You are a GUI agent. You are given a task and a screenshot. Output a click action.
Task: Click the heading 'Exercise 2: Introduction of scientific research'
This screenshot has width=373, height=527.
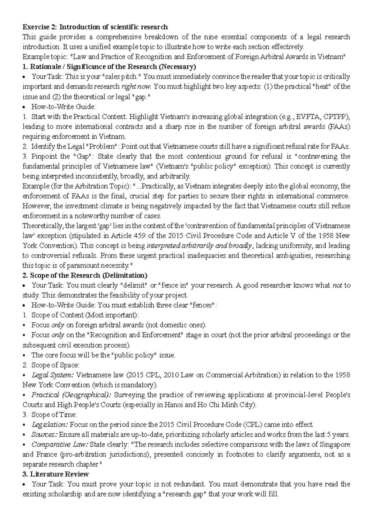coord(95,27)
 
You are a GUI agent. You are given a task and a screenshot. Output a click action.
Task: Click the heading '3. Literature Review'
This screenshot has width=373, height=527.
coord(56,474)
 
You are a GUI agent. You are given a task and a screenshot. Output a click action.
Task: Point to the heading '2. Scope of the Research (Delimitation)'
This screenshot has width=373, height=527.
coord(85,276)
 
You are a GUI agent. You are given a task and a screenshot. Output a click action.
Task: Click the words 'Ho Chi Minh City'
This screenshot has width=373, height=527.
coord(230,405)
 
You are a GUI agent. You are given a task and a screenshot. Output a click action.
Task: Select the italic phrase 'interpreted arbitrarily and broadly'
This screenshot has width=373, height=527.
coord(199,246)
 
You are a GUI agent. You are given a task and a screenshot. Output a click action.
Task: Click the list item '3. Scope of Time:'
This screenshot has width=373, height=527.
coord(50,415)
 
